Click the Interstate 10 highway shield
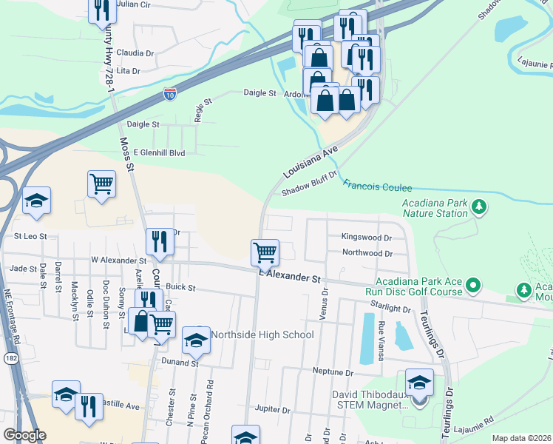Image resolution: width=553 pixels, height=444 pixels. pos(170,95)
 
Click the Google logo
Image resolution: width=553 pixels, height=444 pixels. pos(24,435)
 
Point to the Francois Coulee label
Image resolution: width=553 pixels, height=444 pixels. pos(377,188)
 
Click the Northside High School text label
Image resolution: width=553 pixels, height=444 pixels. pos(262,334)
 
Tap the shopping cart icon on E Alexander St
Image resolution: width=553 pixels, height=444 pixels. pos(265,252)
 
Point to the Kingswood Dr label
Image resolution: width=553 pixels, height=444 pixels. pos(366,238)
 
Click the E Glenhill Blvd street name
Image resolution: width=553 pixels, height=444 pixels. pos(158,152)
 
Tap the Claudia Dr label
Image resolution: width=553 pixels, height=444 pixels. pos(135,53)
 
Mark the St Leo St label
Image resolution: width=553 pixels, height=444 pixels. pos(30,236)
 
